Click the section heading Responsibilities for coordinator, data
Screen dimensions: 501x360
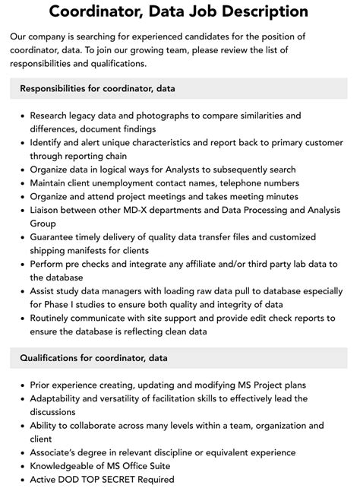(98, 88)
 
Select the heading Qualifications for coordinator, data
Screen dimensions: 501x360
(93, 357)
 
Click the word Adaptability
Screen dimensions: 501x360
(58, 398)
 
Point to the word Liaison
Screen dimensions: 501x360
(47, 211)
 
